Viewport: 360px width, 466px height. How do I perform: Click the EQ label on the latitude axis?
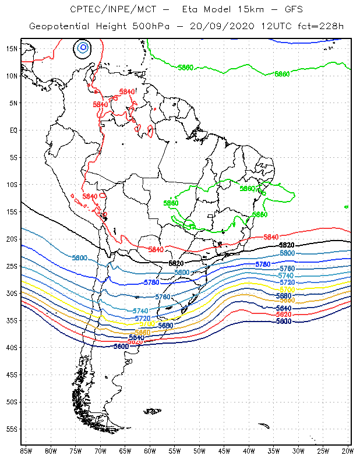pos(13,130)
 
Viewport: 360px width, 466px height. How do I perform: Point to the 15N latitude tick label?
pos(12,48)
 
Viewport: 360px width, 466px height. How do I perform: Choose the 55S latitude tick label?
pos(12,429)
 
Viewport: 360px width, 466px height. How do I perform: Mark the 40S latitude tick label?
pos(12,348)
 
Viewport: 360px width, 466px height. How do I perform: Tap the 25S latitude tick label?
pos(12,266)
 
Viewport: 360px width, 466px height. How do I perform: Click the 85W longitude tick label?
pos(26,451)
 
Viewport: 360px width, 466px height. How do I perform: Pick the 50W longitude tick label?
pos(200,451)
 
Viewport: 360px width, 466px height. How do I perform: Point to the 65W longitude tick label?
pos(125,451)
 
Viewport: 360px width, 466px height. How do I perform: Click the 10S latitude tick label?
pos(12,185)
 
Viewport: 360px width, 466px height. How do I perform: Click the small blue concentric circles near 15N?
pos(83,47)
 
